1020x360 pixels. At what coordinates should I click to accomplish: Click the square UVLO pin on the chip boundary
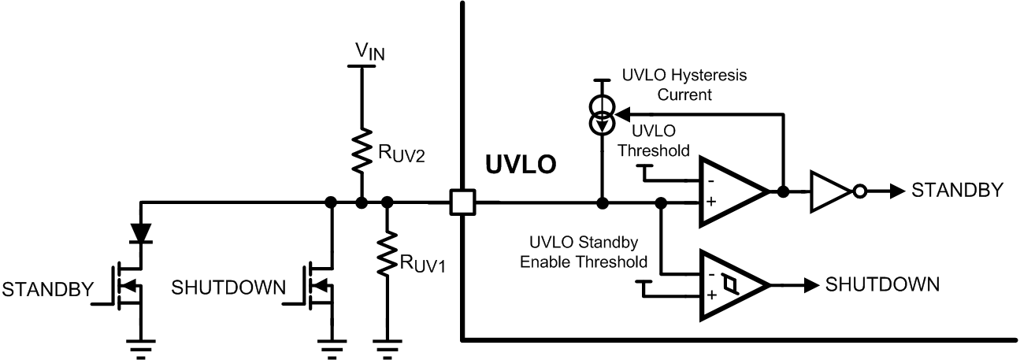pyautogui.click(x=461, y=203)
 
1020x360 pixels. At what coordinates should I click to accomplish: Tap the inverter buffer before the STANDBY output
pyautogui.click(x=830, y=191)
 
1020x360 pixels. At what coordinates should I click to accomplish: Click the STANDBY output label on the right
pyautogui.click(x=957, y=190)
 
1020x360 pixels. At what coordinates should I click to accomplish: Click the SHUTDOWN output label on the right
pyautogui.click(x=882, y=284)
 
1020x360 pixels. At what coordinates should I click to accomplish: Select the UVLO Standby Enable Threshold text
pyautogui.click(x=582, y=251)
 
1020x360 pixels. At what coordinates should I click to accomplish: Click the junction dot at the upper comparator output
pyautogui.click(x=783, y=191)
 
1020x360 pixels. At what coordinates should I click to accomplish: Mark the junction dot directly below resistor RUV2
pyautogui.click(x=362, y=203)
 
